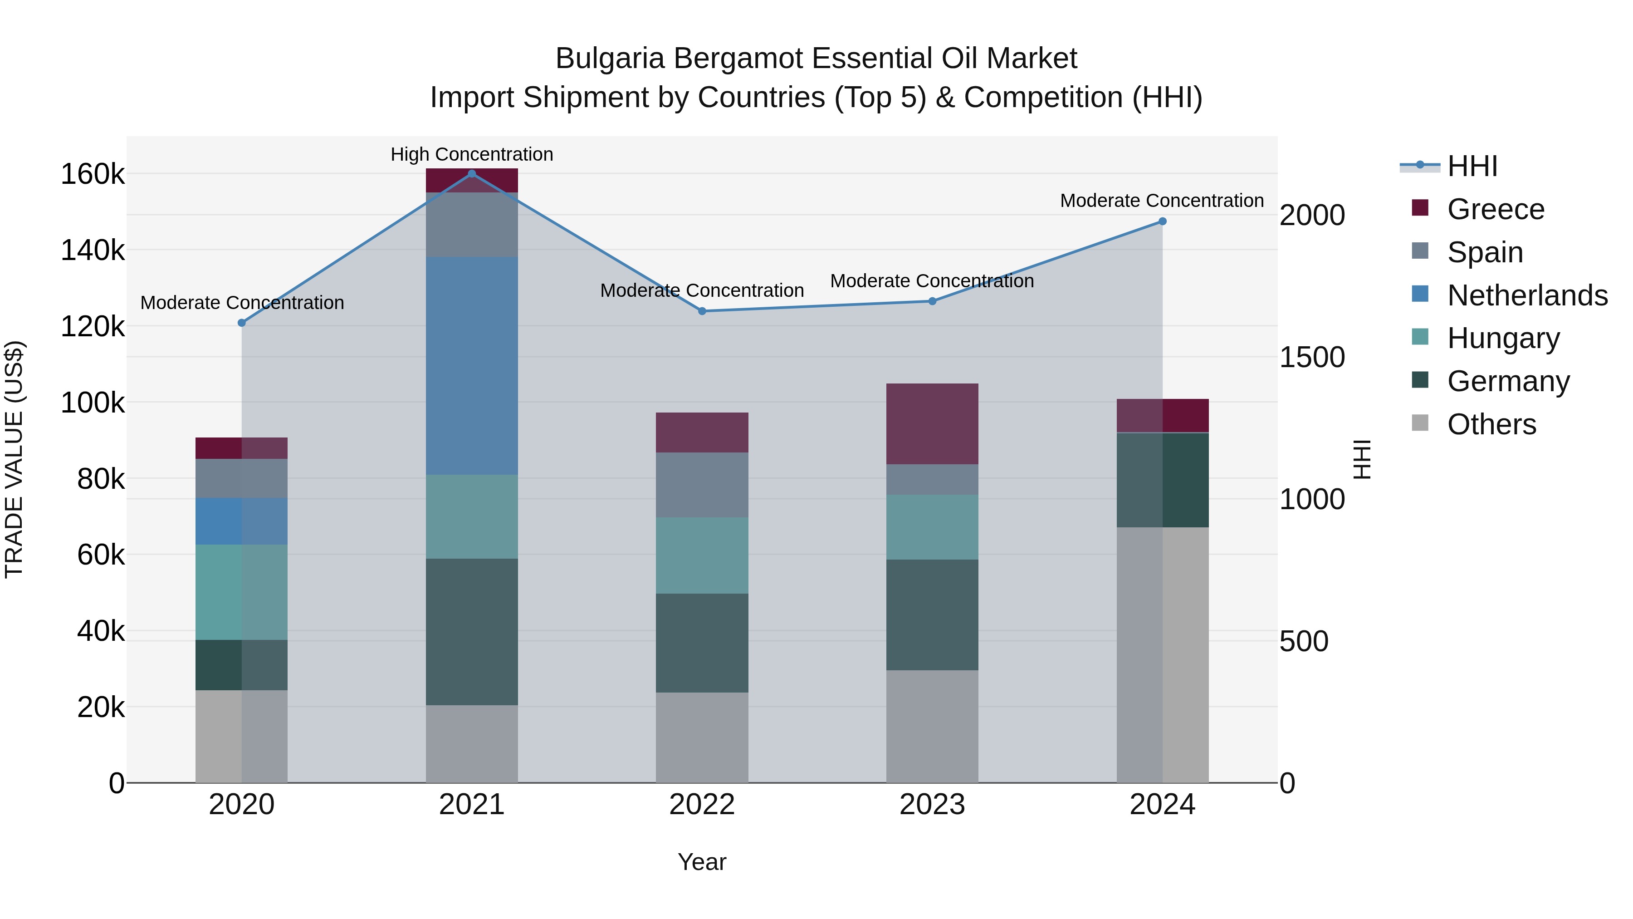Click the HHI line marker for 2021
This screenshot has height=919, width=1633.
pyautogui.click(x=472, y=173)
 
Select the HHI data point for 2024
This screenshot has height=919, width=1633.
pyautogui.click(x=1162, y=221)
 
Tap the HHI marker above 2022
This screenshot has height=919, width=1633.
pyautogui.click(x=702, y=311)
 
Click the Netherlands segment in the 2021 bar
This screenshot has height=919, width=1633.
pyautogui.click(x=472, y=365)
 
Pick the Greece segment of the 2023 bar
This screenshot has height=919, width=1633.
pyautogui.click(x=932, y=424)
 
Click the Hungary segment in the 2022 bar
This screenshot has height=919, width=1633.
pyautogui.click(x=702, y=555)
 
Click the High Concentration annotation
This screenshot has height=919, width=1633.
pyautogui.click(x=472, y=154)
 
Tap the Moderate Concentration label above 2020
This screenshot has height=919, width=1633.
pyautogui.click(x=242, y=303)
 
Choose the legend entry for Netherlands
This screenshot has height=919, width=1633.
pyautogui.click(x=1526, y=295)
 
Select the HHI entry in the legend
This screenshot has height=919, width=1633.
pyautogui.click(x=1472, y=166)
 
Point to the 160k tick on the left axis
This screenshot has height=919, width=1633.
pyautogui.click(x=93, y=174)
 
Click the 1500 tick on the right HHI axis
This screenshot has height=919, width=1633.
pyautogui.click(x=1311, y=357)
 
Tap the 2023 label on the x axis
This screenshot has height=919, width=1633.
pyautogui.click(x=932, y=805)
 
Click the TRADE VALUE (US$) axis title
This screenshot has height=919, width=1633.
pyautogui.click(x=15, y=459)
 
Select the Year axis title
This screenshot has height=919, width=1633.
pyautogui.click(x=702, y=862)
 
